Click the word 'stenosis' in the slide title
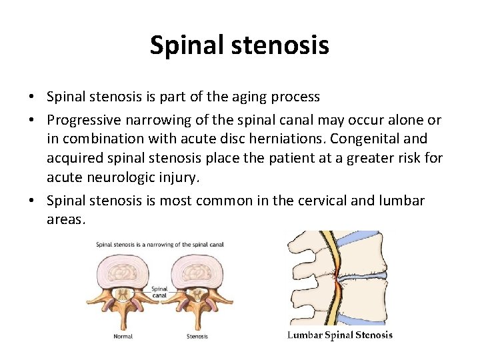(288, 45)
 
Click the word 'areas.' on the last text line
(66, 219)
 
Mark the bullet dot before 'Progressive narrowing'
(32, 120)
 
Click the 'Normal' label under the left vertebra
(123, 337)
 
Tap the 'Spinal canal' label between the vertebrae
(159, 293)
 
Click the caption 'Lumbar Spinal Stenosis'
(340, 335)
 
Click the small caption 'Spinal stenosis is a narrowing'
(160, 245)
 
